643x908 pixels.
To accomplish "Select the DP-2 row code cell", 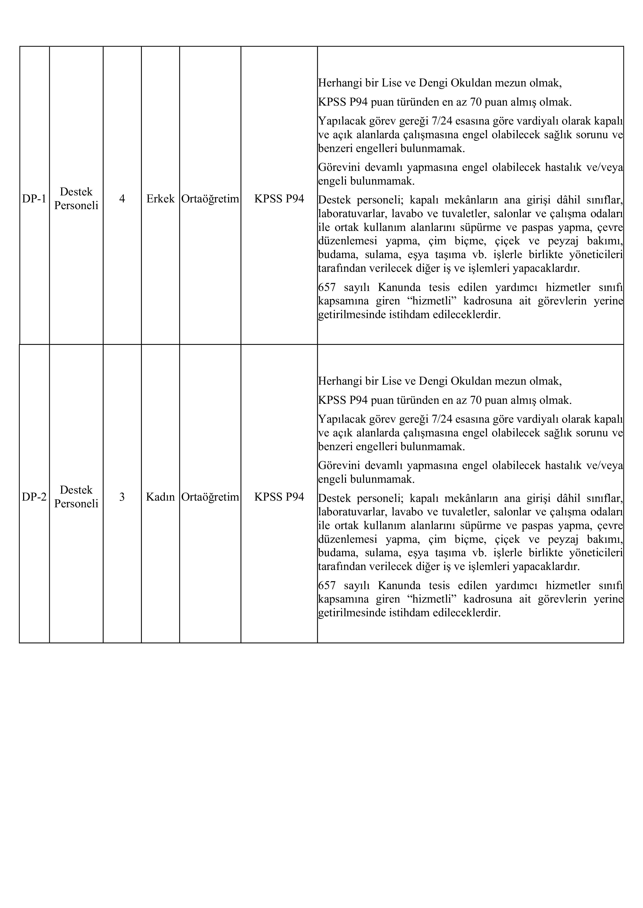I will coord(34,497).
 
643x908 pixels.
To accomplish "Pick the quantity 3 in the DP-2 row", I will coord(122,497).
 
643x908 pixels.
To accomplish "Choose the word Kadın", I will coord(160,497).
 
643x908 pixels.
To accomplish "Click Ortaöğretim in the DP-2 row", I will coord(210,497).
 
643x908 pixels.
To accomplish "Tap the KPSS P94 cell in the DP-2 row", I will coord(279,497).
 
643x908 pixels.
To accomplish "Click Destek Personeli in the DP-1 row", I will coord(76,199).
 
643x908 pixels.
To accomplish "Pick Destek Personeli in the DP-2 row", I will coord(76,497).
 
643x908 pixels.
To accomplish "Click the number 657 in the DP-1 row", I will coord(327,288).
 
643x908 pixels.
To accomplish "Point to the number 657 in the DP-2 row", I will coord(327,586).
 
